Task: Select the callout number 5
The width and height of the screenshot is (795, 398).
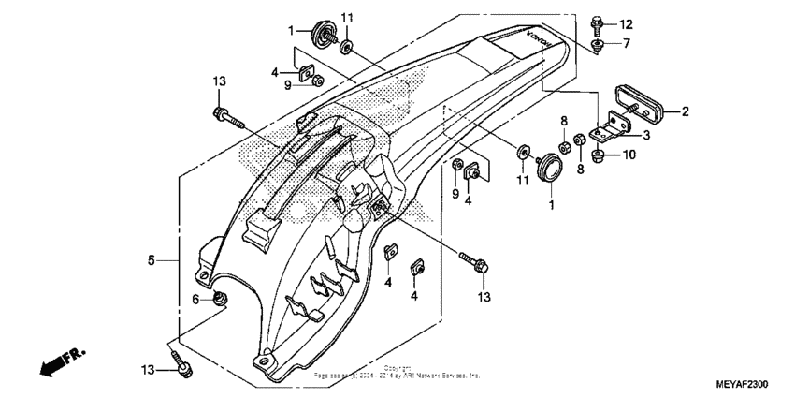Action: click(x=151, y=260)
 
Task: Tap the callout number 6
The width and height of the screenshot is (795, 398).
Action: click(x=197, y=299)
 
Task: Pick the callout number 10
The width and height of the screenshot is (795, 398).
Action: click(x=629, y=155)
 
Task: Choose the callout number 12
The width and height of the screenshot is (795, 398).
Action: click(x=625, y=23)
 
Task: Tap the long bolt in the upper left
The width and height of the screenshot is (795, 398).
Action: click(x=227, y=118)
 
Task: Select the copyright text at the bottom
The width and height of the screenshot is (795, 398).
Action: click(x=397, y=373)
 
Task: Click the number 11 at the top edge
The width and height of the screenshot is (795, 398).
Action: click(x=347, y=19)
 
